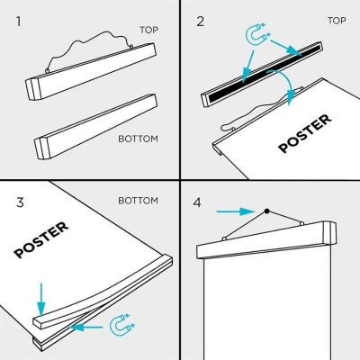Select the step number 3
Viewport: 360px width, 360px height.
18,202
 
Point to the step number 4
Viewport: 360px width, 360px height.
198,202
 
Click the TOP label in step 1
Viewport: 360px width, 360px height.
150,30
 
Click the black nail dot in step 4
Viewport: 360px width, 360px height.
266,211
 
